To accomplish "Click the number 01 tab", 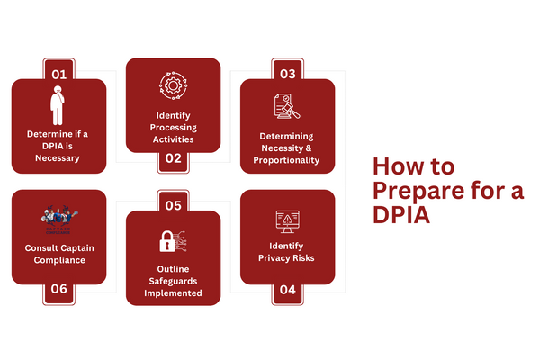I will pyautogui.click(x=58, y=73).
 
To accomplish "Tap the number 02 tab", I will pyautogui.click(x=173, y=158).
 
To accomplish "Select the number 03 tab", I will pyautogui.click(x=287, y=73).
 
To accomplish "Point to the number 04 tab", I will pyautogui.click(x=287, y=290).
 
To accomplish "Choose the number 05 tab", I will pyautogui.click(x=173, y=205).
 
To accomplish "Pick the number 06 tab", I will pyautogui.click(x=58, y=290).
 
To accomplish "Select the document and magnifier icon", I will pyautogui.click(x=287, y=106).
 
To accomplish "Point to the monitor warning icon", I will pyautogui.click(x=287, y=220).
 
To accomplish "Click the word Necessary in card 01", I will pyautogui.click(x=58, y=158).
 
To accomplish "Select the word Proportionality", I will pyautogui.click(x=287, y=160).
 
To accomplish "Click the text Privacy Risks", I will pyautogui.click(x=287, y=258).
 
